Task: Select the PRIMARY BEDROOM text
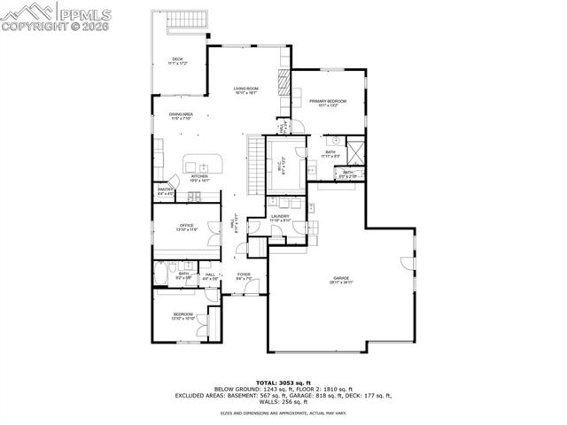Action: click(327, 103)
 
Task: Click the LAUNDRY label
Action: click(281, 218)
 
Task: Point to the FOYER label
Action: click(244, 276)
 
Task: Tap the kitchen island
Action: click(201, 165)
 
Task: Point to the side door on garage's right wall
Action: click(408, 261)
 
